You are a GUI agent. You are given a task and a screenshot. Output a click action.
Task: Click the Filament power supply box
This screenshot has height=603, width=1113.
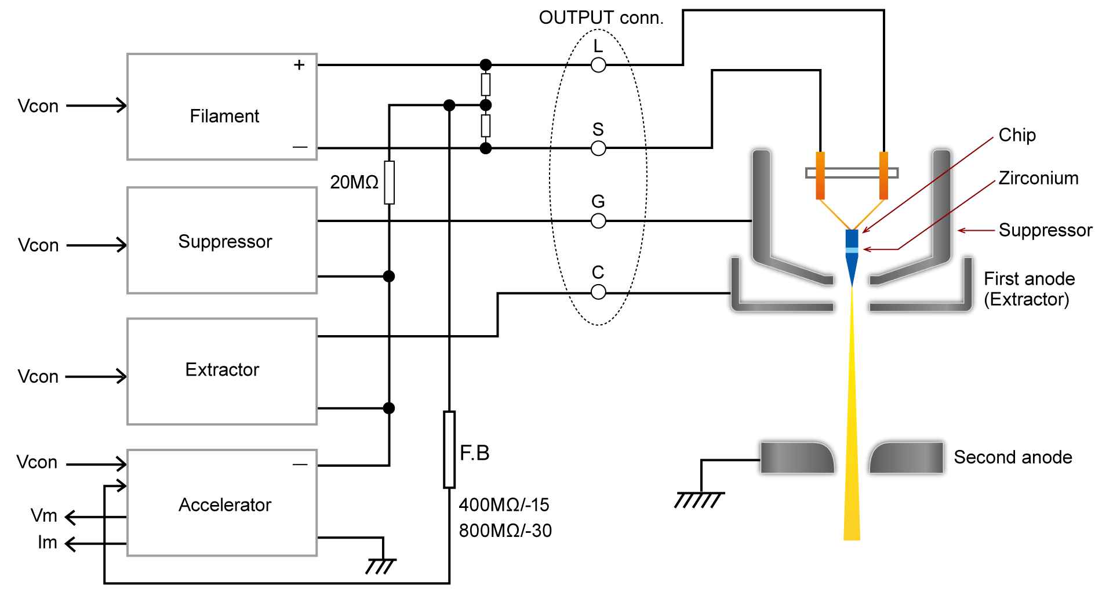tap(222, 107)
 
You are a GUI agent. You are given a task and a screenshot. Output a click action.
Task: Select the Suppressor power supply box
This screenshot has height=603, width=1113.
tap(222, 240)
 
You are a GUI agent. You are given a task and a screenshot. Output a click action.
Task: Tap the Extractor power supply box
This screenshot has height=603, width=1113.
tap(222, 371)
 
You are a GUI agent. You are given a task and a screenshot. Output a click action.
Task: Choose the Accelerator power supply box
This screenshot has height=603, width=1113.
tap(222, 503)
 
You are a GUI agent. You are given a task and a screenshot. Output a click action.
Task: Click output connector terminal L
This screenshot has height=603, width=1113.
tap(598, 65)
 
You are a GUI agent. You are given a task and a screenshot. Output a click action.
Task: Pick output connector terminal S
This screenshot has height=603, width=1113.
tap(598, 148)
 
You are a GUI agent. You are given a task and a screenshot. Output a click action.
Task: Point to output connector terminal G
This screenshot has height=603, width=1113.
tap(598, 221)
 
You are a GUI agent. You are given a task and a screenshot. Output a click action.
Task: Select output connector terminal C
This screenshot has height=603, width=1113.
tap(598, 292)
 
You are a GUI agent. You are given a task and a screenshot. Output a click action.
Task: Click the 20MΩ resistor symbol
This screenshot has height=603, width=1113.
tap(390, 183)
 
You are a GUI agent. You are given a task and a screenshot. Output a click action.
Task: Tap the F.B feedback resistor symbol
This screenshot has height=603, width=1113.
tap(449, 450)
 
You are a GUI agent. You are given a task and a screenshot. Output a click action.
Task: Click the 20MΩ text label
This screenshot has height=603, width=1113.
tap(354, 183)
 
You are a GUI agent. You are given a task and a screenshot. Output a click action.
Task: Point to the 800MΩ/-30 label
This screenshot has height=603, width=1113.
tap(505, 531)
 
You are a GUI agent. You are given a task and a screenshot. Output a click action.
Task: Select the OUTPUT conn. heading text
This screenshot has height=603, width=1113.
tap(601, 18)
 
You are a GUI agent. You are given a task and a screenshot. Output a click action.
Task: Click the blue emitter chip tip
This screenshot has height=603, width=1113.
tap(852, 255)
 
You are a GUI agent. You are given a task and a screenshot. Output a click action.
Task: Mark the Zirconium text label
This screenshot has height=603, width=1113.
tap(1038, 178)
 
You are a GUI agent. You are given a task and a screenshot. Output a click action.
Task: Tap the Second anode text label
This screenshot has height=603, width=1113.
tap(1013, 457)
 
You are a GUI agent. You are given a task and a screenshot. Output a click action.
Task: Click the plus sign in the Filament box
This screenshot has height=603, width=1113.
tap(299, 65)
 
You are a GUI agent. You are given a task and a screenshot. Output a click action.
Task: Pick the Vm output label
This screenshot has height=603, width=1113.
tap(44, 515)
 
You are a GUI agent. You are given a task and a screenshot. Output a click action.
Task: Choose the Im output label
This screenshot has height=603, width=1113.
tap(48, 543)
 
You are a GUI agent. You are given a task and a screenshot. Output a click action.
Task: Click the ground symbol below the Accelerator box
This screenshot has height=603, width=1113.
tap(381, 565)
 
